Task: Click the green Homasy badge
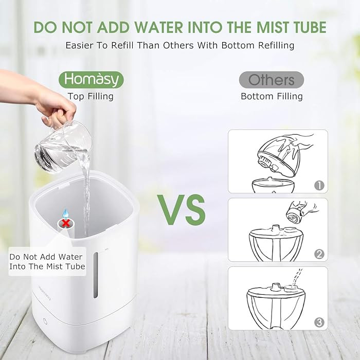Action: tap(91, 80)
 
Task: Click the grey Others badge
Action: tap(272, 80)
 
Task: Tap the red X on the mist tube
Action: tap(66, 223)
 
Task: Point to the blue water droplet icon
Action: tap(66, 213)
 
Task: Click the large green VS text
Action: tap(182, 210)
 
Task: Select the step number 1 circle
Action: tap(319, 185)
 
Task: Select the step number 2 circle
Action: tap(319, 254)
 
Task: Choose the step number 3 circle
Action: tap(319, 322)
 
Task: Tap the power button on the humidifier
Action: tap(45, 321)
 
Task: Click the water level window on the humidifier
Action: tap(96, 275)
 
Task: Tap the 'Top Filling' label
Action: tap(91, 97)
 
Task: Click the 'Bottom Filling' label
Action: tap(272, 97)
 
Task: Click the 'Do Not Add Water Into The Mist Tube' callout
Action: tap(47, 261)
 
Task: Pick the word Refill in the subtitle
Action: tap(122, 45)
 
